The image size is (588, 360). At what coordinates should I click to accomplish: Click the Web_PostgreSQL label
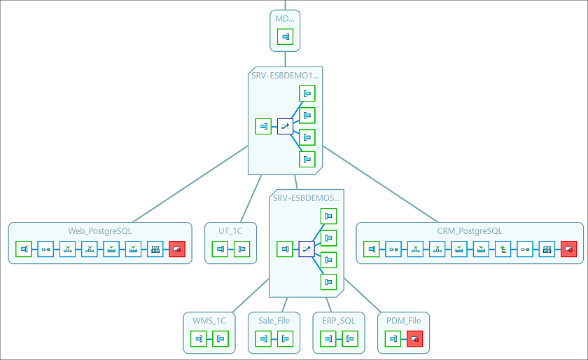99,230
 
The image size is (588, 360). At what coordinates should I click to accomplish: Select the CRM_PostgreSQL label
469,230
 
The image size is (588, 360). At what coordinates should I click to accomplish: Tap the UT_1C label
231,230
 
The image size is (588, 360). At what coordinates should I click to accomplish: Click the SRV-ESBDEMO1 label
285,74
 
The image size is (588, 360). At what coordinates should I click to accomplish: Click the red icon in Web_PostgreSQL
177,249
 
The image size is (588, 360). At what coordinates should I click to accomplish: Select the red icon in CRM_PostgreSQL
568,249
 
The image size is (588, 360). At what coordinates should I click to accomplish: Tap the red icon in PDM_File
415,339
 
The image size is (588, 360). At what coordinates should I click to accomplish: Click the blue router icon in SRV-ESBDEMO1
285,126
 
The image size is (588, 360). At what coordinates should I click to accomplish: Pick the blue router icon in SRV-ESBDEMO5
306,249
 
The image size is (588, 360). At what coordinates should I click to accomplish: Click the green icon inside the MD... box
285,37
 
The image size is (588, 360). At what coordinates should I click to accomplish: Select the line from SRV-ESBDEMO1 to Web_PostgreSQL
189,186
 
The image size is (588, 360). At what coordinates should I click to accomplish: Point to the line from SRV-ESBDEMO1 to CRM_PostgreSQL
378,186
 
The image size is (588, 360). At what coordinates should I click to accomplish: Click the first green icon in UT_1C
220,249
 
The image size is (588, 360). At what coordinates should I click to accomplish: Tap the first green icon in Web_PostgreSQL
24,249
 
